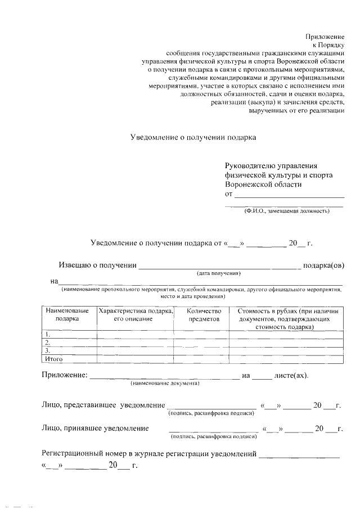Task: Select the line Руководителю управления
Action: point(271,166)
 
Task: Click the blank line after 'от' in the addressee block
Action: point(289,195)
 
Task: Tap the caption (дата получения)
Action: point(219,273)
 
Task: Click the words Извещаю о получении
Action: point(98,265)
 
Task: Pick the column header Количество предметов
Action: point(201,314)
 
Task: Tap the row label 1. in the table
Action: point(48,334)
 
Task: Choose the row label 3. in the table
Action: point(48,350)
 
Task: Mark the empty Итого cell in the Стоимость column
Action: point(286,358)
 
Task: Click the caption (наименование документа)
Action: point(165,383)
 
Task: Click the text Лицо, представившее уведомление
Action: point(103,405)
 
